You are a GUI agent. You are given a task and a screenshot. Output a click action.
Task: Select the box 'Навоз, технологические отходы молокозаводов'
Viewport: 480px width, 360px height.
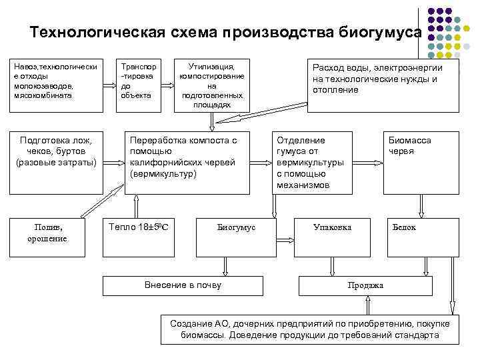57,81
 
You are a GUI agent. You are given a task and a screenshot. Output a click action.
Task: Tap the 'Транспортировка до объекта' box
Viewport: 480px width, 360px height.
139,81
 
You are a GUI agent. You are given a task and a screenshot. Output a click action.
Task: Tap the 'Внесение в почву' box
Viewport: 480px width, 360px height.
183,285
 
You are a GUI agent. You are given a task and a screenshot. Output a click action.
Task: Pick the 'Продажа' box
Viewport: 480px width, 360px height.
365,285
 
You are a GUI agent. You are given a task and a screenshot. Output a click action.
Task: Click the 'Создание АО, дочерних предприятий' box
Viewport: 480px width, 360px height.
310,328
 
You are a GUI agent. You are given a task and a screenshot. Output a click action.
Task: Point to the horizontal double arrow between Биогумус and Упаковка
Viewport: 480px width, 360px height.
285,239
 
